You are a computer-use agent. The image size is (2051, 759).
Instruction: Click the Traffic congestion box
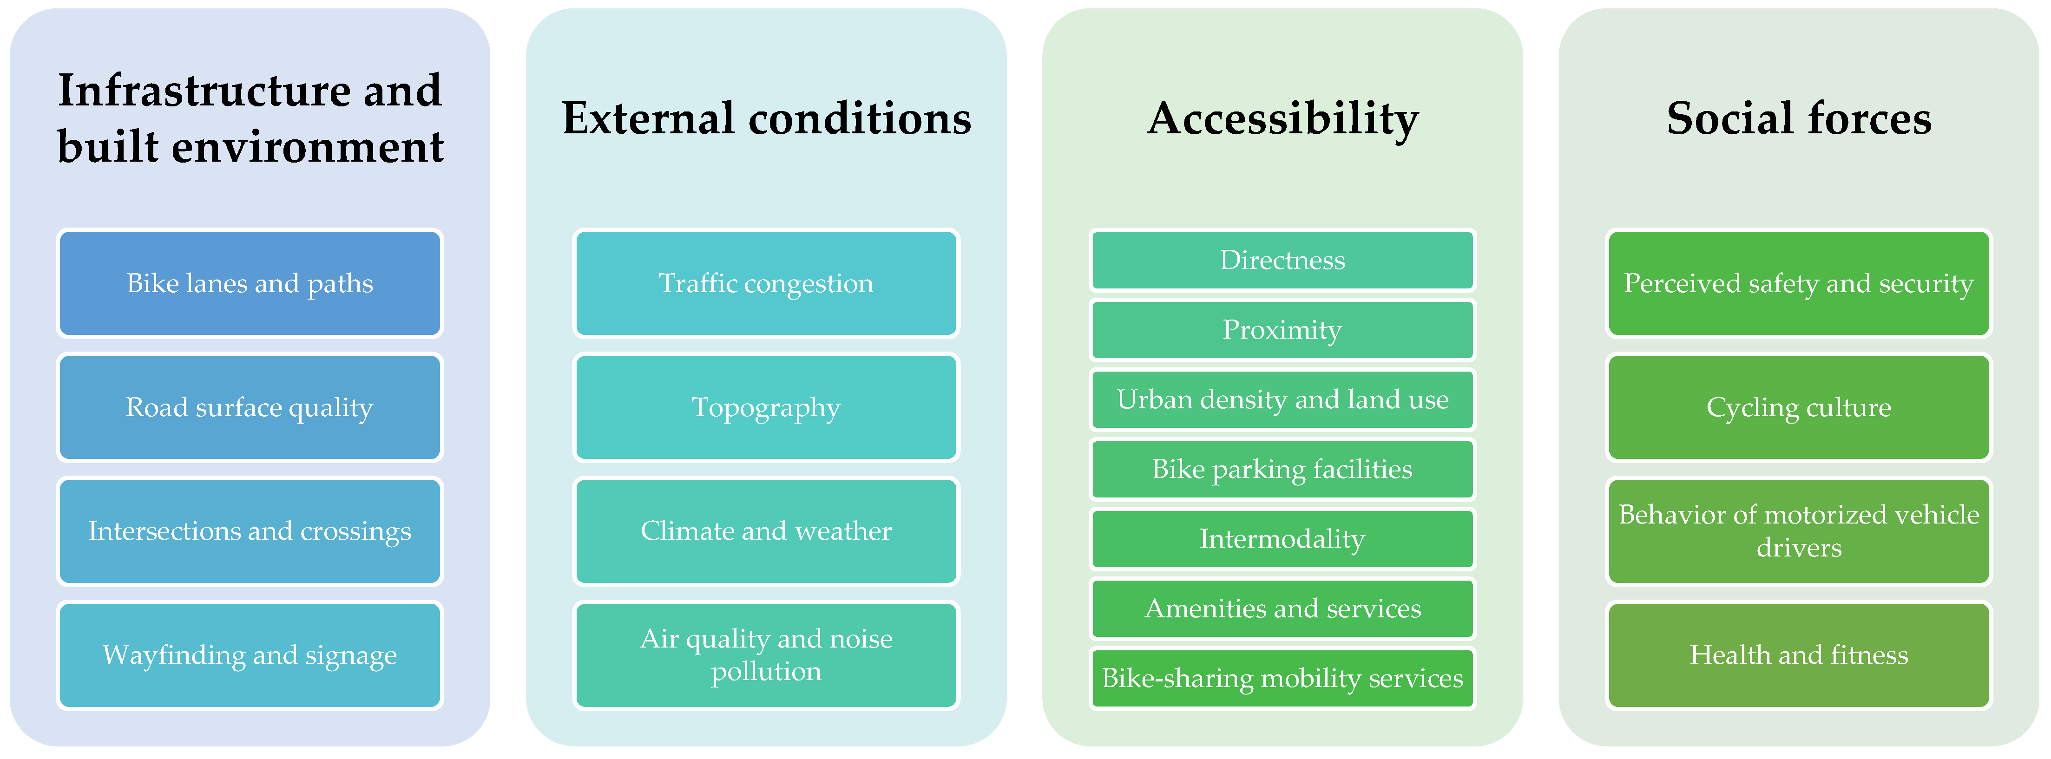[766, 283]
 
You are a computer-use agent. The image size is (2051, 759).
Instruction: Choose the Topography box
[766, 407]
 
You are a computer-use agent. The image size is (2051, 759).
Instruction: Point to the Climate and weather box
[766, 530]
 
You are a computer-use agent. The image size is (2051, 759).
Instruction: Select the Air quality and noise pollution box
[766, 655]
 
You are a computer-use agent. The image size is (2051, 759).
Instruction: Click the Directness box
[1282, 260]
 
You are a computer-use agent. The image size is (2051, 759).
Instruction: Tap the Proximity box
[1282, 329]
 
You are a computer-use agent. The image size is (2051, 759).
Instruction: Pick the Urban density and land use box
[1282, 399]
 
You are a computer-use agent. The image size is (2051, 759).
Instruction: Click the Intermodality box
[1282, 539]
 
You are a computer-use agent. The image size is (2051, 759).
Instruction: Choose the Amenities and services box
[1282, 609]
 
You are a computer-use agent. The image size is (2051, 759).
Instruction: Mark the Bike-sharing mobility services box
[1282, 678]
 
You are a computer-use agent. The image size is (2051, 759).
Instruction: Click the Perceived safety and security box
[1799, 283]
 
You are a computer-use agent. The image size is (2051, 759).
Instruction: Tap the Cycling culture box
[1799, 407]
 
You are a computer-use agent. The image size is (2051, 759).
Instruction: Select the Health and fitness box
[1799, 655]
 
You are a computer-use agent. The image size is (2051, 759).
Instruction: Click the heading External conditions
[766, 118]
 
